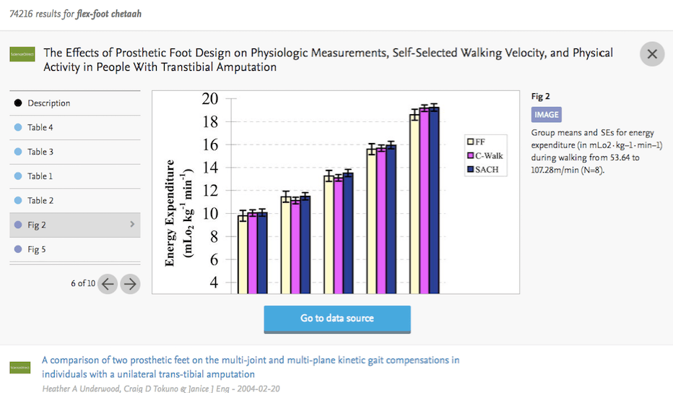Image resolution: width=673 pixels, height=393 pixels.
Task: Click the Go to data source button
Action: coord(337,319)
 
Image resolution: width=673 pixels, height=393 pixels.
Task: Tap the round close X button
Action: coord(652,54)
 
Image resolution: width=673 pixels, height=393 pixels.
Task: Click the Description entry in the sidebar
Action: coord(48,103)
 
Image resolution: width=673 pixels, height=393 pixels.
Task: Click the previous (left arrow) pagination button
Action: coord(108,284)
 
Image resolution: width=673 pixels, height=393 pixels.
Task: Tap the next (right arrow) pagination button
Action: coord(130,284)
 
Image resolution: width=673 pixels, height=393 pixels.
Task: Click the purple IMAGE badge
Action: coord(546,114)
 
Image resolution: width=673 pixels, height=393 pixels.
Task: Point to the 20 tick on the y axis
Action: coord(209,99)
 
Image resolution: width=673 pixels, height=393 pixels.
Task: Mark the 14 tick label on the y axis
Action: coord(209,168)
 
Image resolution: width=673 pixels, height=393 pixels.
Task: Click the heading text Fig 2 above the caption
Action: coord(541,96)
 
